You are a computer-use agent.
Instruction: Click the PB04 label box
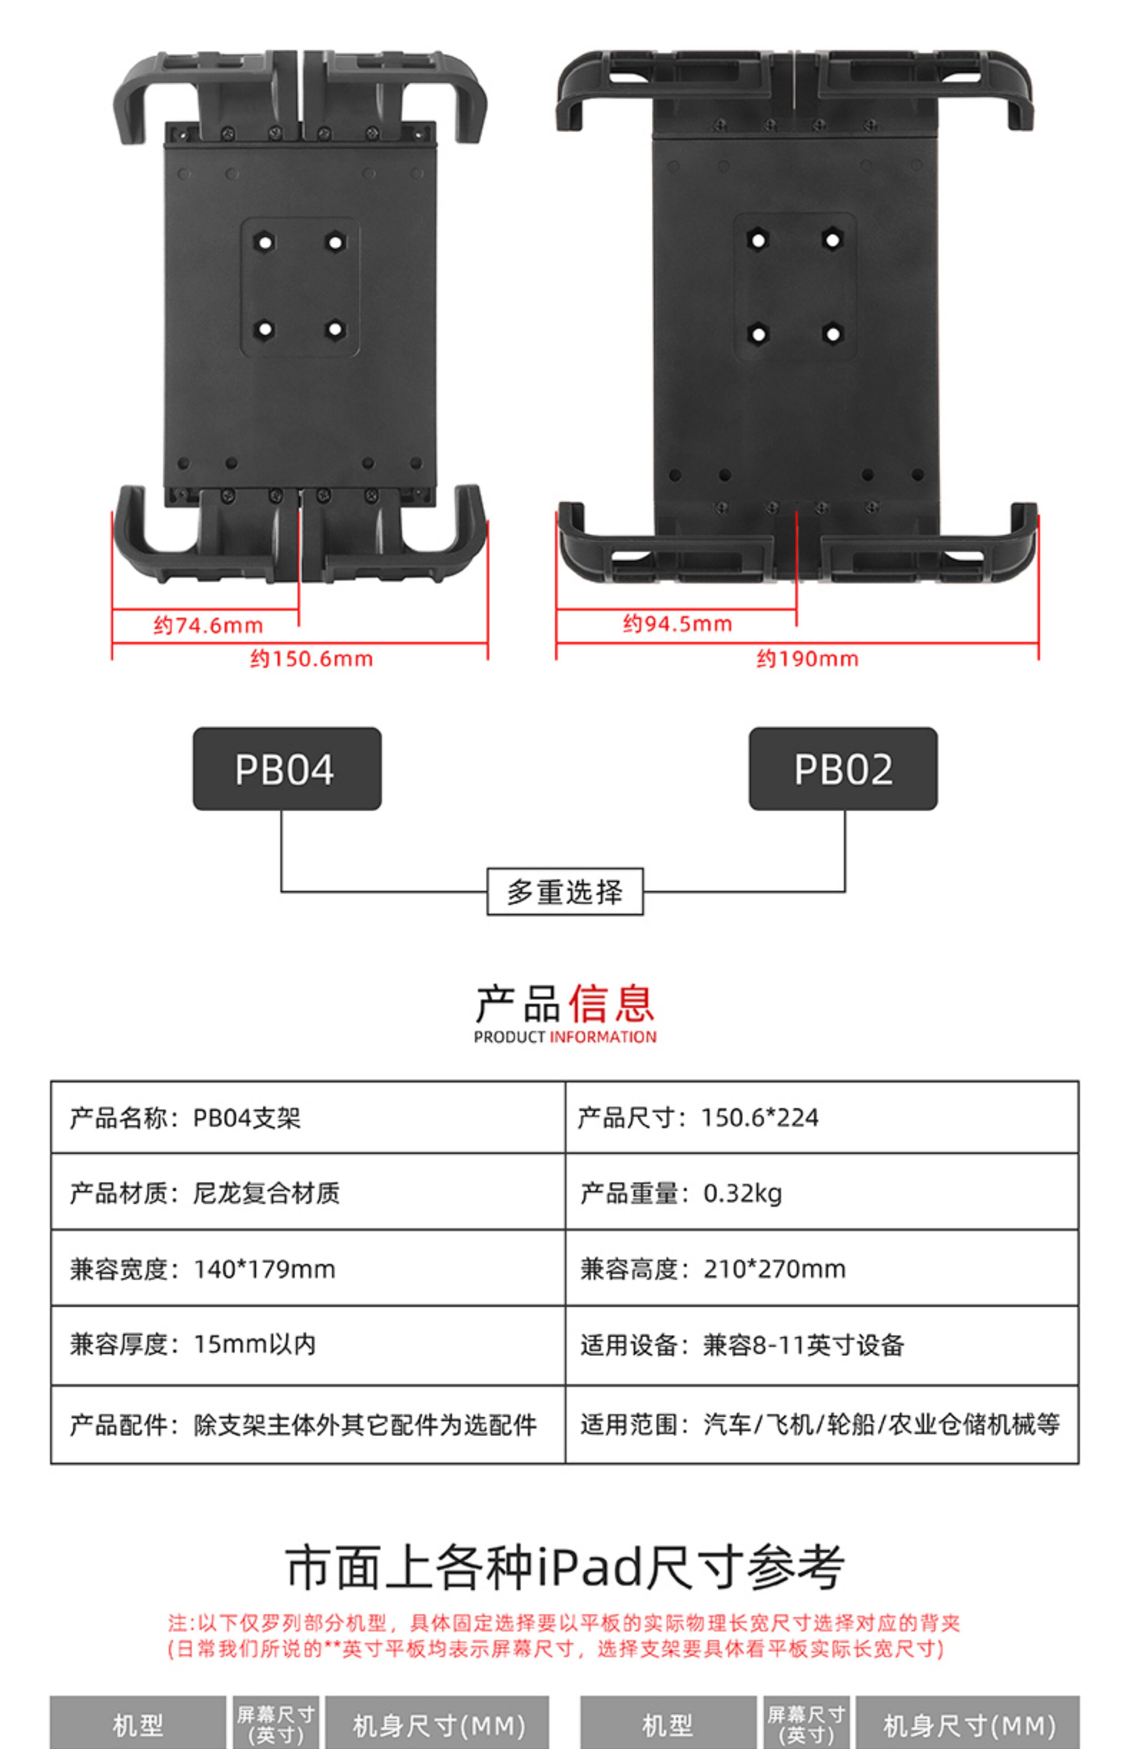(287, 768)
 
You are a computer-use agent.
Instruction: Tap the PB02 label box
(843, 768)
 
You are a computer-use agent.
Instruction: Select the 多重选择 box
(565, 892)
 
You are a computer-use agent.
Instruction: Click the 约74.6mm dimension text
(208, 625)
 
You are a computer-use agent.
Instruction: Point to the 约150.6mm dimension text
(311, 659)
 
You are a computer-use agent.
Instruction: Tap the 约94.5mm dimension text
(677, 624)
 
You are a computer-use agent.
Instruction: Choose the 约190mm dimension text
(807, 659)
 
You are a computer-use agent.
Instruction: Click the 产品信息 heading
(565, 1003)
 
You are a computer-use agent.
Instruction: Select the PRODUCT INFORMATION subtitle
(565, 1037)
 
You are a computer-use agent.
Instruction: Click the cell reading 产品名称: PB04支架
(185, 1118)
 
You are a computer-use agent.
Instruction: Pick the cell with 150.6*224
(760, 1118)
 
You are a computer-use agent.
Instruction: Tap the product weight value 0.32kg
(743, 1193)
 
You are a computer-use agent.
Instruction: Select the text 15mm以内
(255, 1344)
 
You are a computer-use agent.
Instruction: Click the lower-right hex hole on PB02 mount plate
(832, 334)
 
